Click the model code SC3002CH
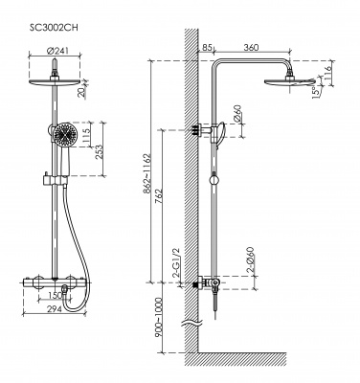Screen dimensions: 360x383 54,28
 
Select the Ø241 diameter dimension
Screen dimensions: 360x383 57,51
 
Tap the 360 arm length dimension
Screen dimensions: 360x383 251,47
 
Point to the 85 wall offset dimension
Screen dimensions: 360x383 207,47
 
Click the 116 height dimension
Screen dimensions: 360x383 327,73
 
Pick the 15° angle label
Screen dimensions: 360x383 317,92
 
